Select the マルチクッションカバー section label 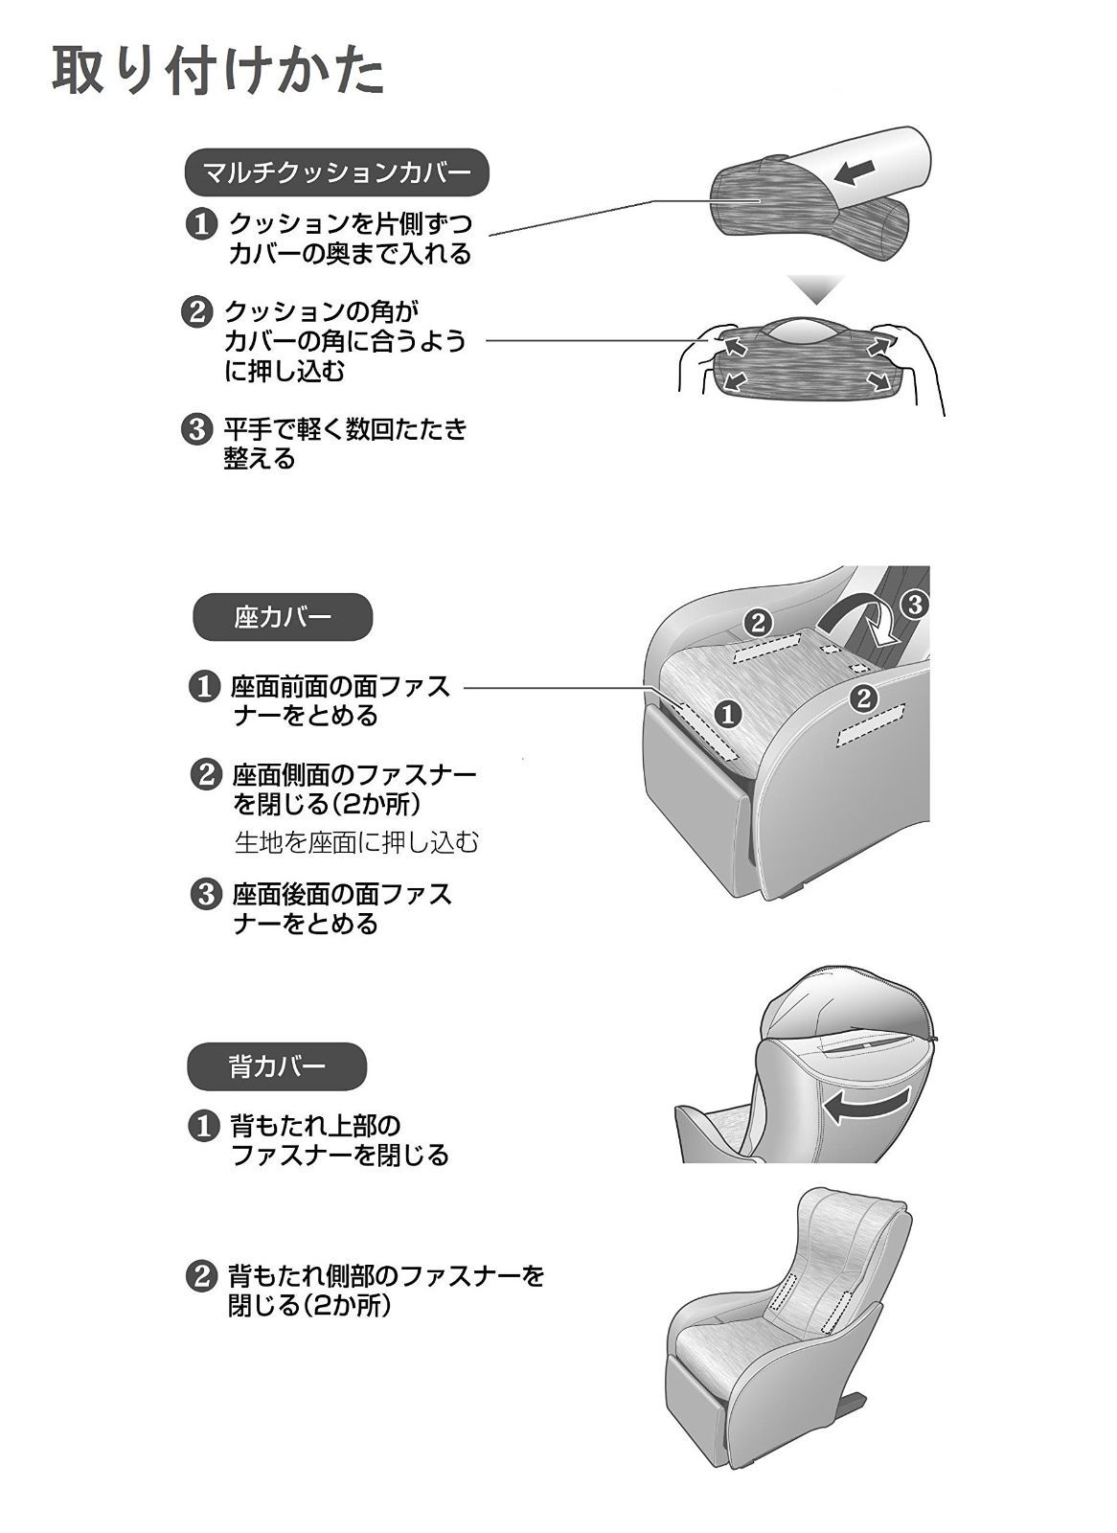tap(336, 173)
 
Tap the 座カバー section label tap(283, 617)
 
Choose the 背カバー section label tap(277, 1066)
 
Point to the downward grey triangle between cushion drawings tap(815, 288)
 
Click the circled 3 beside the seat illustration tap(914, 605)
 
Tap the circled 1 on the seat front tap(728, 713)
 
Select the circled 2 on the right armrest tap(864, 698)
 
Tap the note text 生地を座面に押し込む tap(356, 842)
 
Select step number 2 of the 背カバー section tap(198, 1276)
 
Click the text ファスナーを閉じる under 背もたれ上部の tap(340, 1155)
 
